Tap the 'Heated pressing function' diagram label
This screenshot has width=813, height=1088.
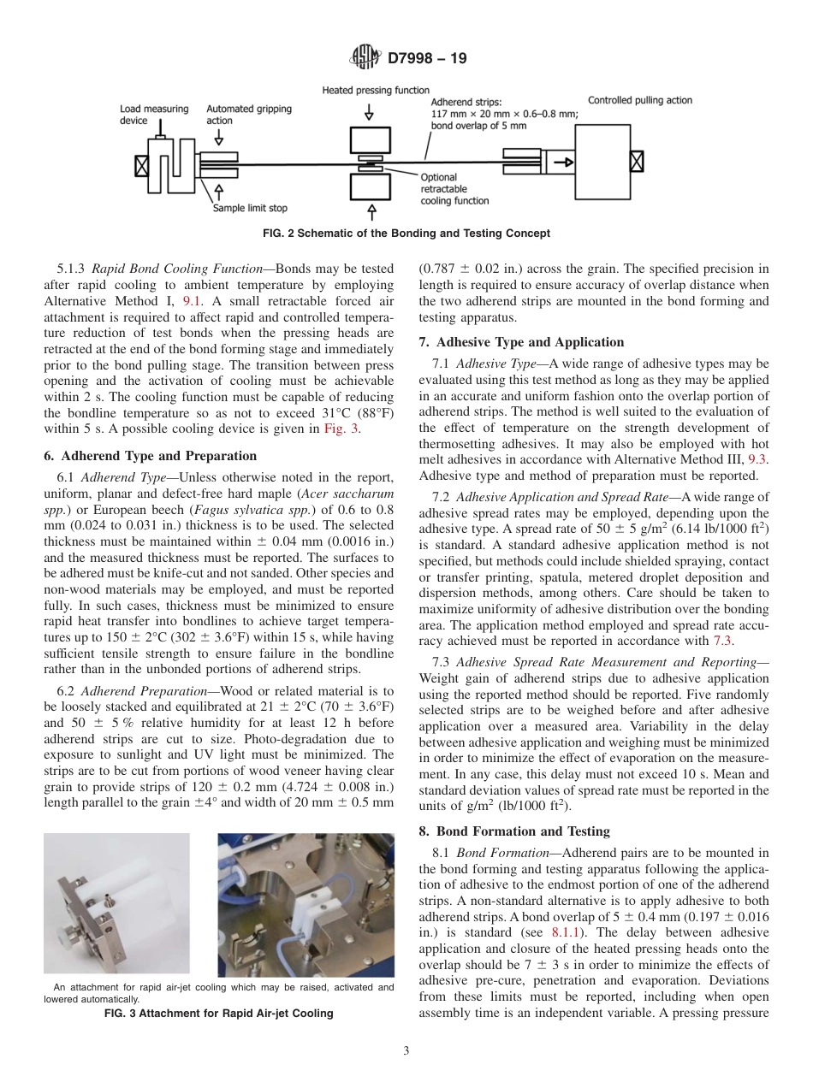click(364, 91)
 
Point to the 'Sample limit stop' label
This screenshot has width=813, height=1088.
click(250, 207)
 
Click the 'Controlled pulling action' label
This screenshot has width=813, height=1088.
click(639, 100)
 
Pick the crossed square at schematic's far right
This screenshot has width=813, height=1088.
click(636, 160)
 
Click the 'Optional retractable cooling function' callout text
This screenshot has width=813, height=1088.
click(454, 189)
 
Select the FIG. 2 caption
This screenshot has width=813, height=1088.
click(406, 233)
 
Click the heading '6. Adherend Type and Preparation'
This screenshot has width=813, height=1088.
click(150, 456)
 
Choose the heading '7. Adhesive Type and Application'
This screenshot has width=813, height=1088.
click(521, 342)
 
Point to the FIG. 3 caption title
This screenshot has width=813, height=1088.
click(218, 1014)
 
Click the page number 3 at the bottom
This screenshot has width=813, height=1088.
click(406, 1050)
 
